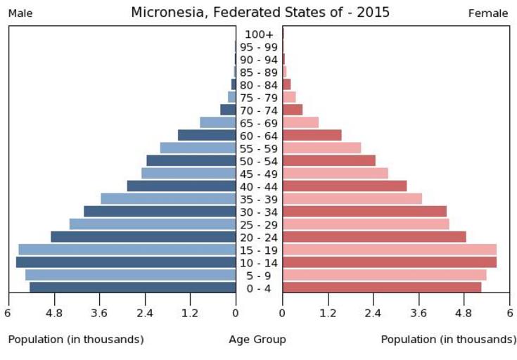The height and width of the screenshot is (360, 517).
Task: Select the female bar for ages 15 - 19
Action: coord(389,250)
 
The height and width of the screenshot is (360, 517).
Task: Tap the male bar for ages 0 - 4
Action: coord(132,288)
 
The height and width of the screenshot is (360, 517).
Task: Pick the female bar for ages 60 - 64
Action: coord(312,135)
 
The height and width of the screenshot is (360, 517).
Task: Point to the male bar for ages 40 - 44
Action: coord(181,186)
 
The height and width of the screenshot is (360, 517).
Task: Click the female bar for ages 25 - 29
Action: coord(366,224)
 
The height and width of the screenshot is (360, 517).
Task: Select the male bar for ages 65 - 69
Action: coord(217,122)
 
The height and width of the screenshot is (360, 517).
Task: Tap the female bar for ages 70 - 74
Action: coord(293,110)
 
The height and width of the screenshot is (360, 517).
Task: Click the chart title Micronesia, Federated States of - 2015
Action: coord(260,13)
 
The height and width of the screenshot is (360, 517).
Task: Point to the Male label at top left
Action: coord(20,13)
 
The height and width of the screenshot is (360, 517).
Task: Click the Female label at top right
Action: coord(487,13)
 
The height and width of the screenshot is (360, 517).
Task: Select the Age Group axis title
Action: coord(257,340)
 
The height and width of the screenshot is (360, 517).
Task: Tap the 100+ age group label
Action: coord(259,34)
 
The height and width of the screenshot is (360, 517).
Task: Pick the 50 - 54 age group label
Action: coord(259,161)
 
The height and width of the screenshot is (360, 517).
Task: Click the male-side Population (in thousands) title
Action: coord(76,340)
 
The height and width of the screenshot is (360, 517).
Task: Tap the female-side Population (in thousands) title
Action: coord(448,340)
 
